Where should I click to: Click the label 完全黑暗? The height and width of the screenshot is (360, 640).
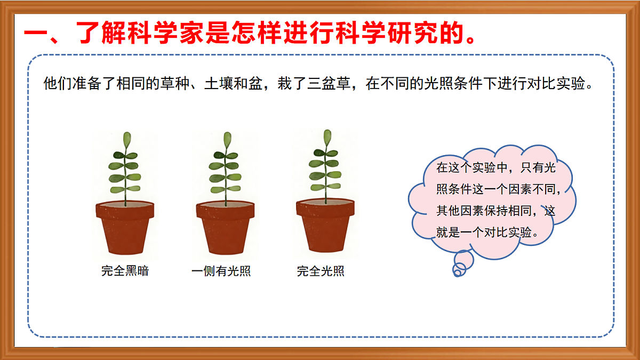(125, 271)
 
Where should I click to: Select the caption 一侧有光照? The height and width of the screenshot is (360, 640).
(221, 271)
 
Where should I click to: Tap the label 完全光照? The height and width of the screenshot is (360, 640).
(321, 271)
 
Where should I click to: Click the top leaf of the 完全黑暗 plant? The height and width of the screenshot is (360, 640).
(127, 140)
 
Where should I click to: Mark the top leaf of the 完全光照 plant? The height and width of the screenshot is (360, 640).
(327, 138)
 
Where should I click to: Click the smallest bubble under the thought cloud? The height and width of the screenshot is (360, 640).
(456, 272)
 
